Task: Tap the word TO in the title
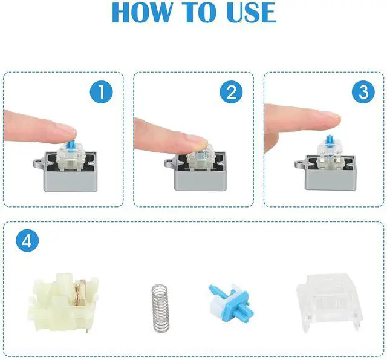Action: click(x=200, y=12)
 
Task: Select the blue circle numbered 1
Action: click(x=101, y=91)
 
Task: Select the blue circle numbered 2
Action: click(x=231, y=91)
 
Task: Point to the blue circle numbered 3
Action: click(x=363, y=91)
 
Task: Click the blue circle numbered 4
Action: click(x=27, y=240)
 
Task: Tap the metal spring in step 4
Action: click(x=161, y=309)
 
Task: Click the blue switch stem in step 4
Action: click(x=230, y=303)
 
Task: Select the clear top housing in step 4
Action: click(x=329, y=303)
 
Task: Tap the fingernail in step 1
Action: click(x=66, y=128)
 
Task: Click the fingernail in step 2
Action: click(x=200, y=139)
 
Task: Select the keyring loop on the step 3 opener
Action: click(x=300, y=163)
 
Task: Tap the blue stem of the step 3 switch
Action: click(x=329, y=143)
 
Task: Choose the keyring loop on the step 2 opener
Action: click(x=169, y=163)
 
